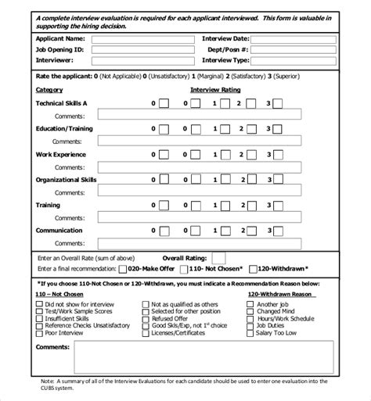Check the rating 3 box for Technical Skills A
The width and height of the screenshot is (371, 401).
tap(279, 103)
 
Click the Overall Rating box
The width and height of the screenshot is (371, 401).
tap(219, 256)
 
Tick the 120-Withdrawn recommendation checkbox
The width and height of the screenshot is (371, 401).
tap(254, 267)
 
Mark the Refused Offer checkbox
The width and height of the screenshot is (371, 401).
tap(146, 318)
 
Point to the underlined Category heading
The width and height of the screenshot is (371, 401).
tap(49, 90)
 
